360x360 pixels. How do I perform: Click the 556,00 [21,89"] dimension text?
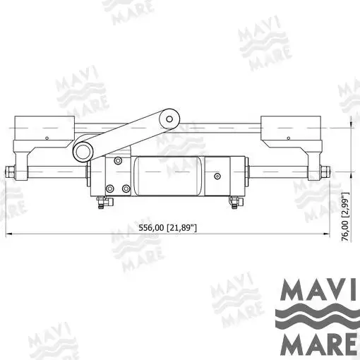pyautogui.click(x=167, y=228)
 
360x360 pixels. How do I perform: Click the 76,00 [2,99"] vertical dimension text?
pyautogui.click(x=345, y=217)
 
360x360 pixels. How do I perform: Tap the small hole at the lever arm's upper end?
pyautogui.click(x=169, y=119)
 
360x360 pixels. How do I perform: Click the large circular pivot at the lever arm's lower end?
pyautogui.click(x=83, y=152)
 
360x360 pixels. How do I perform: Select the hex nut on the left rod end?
pyautogui.click(x=10, y=172)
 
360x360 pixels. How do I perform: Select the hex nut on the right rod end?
pyautogui.click(x=325, y=172)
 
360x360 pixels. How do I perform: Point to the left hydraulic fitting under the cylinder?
pyautogui.click(x=104, y=202)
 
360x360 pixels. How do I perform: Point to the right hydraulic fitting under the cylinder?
pyautogui.click(x=236, y=202)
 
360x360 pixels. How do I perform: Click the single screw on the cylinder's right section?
pyautogui.click(x=217, y=176)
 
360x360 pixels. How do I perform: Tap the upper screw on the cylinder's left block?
pyautogui.click(x=118, y=161)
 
